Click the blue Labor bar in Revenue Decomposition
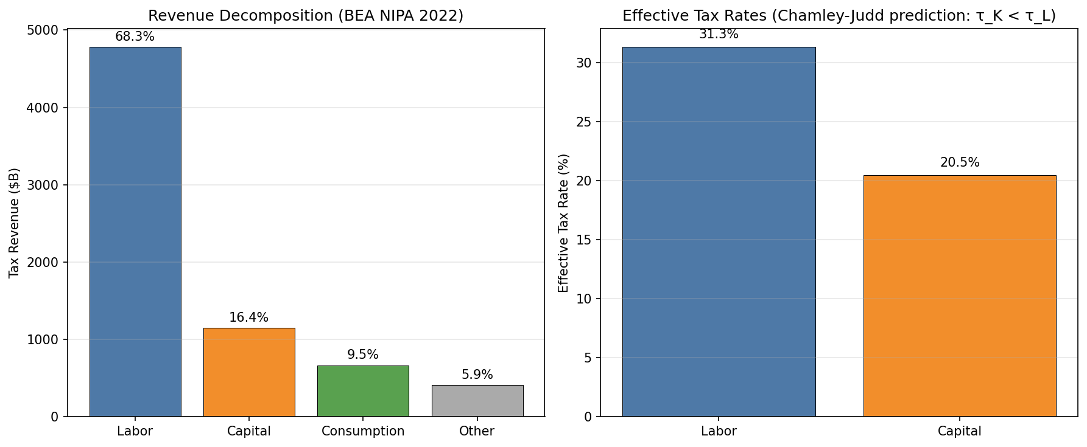click(135, 231)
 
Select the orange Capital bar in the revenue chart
click(249, 372)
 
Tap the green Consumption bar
click(363, 391)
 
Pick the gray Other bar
click(477, 401)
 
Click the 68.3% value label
click(135, 37)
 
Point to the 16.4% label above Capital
click(248, 317)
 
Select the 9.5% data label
click(363, 355)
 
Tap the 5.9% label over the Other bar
click(477, 375)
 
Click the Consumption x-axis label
click(363, 431)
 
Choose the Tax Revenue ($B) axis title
click(15, 223)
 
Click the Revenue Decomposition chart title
click(306, 16)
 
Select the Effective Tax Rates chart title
click(839, 16)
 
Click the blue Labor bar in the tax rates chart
click(719, 231)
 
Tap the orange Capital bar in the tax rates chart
click(960, 296)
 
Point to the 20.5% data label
click(960, 162)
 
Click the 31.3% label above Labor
click(719, 35)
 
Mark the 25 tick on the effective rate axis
click(583, 122)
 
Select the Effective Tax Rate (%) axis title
click(563, 223)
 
